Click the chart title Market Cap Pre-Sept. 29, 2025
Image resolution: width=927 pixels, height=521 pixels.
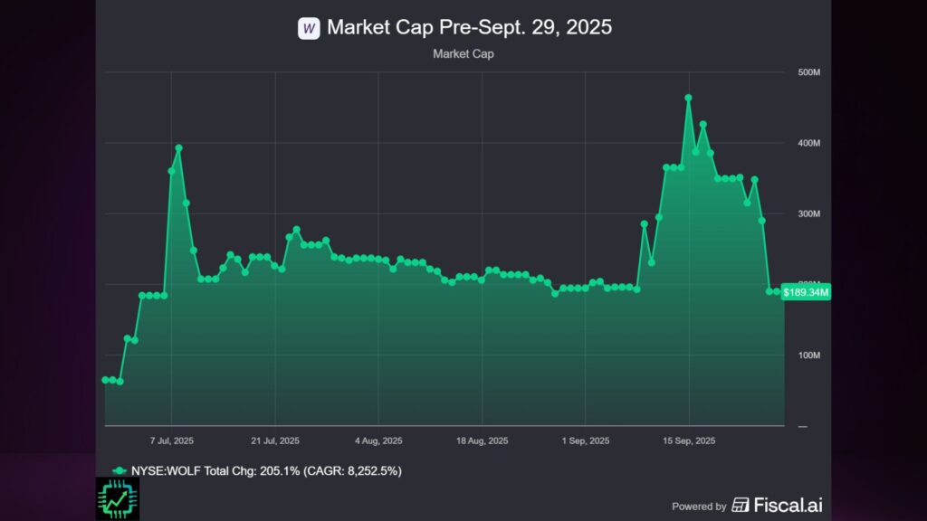coord(469,27)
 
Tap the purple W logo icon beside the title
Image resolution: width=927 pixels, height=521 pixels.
coord(309,28)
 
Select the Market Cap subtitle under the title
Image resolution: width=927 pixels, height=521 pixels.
coord(463,54)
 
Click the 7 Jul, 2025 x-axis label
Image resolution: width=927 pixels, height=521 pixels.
coord(171,441)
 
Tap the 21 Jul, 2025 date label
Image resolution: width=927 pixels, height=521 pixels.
coord(274,441)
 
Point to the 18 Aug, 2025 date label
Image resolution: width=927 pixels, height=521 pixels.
coord(483,441)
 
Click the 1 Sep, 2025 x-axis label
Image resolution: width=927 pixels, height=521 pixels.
coord(587,441)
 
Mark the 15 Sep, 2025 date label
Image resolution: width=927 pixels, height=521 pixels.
coord(690,441)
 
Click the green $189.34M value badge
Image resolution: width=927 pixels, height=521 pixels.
coord(806,291)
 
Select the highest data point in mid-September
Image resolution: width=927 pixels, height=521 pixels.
coord(688,98)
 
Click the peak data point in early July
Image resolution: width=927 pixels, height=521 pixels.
coord(178,147)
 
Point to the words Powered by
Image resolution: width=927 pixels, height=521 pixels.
coord(699,507)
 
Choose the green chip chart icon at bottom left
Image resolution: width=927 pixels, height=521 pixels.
coord(117,498)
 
